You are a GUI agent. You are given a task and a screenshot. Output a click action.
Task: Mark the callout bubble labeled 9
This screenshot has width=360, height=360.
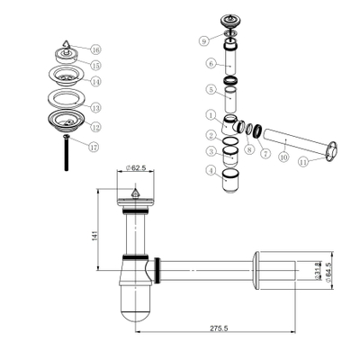[205, 40]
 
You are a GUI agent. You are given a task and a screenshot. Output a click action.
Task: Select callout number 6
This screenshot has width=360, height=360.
[210, 64]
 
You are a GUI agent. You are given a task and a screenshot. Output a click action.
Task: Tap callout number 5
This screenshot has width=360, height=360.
[210, 90]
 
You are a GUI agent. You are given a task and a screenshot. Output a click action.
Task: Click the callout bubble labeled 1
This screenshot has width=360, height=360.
[209, 115]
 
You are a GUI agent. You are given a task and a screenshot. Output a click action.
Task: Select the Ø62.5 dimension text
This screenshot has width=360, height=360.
[135, 167]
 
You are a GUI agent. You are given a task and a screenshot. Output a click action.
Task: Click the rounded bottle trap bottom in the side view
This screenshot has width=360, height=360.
[136, 310]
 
